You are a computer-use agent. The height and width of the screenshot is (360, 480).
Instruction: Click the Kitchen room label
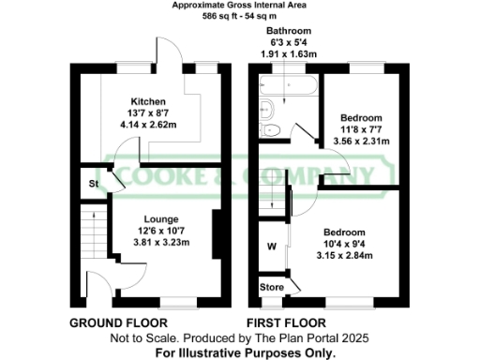148,101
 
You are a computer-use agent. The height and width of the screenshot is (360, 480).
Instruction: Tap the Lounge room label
152,217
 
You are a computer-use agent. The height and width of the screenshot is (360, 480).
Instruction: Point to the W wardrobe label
271,247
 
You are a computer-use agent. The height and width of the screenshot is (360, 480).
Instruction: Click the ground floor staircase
91,233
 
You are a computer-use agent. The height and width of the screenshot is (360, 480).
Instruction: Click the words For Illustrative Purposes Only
246,353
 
